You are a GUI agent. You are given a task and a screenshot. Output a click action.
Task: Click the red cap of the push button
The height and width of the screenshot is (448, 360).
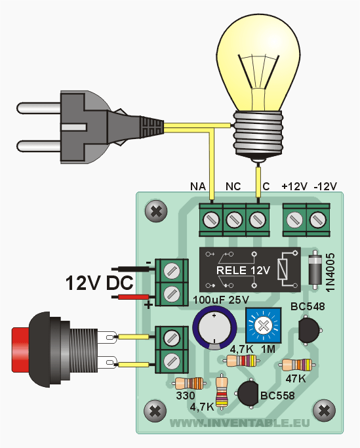[x=20, y=350]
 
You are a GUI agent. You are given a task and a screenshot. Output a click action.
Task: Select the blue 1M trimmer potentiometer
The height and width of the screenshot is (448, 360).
[x=263, y=325]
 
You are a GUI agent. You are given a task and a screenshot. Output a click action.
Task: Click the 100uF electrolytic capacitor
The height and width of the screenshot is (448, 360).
[x=214, y=328]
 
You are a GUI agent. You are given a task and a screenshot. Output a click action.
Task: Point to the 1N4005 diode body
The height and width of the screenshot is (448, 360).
[x=315, y=270]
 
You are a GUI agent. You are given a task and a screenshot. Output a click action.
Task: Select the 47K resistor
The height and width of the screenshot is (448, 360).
[x=297, y=365]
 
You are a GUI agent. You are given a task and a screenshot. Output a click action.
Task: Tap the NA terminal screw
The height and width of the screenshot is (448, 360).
[x=211, y=220]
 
